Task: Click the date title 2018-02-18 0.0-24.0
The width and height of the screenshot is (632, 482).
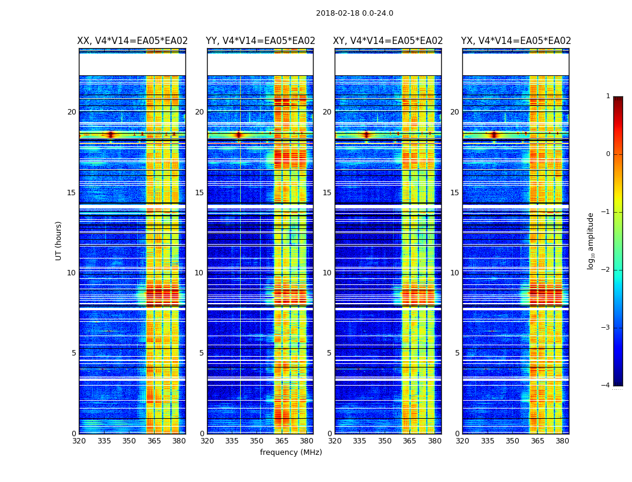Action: pos(355,13)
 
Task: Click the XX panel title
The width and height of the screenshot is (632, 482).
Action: pos(132,41)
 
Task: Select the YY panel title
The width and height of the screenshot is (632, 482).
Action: pos(260,41)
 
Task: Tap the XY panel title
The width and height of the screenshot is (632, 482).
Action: pos(388,41)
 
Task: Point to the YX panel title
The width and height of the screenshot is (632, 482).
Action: pos(516,41)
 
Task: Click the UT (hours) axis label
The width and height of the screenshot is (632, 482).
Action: pos(58,240)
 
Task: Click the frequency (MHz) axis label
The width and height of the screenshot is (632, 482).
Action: pos(291,452)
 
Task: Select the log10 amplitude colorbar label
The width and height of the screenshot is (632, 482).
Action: pos(591,240)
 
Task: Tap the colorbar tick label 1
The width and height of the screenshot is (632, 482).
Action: pos(607,96)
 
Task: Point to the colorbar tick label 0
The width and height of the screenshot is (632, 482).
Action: pos(607,154)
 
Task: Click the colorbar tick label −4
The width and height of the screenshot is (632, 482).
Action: pos(606,386)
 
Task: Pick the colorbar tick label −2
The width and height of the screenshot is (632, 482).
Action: pos(606,270)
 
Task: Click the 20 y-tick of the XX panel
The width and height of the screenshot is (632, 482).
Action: pos(72,112)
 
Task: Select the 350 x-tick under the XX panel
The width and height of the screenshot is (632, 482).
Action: pos(129,441)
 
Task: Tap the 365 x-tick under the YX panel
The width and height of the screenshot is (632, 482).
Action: pos(537,441)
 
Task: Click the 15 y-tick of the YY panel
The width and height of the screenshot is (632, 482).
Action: pos(199,193)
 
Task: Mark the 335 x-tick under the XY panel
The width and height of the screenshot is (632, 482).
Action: pos(359,441)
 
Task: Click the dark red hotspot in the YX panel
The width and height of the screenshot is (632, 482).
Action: pos(494,135)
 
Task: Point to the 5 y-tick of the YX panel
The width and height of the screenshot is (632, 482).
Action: pos(457,353)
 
